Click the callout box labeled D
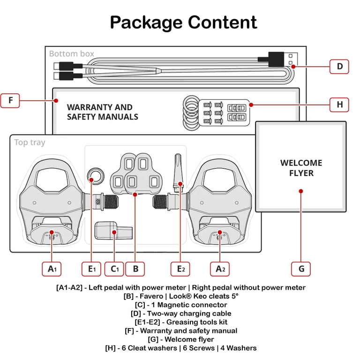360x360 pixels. coord(339,67)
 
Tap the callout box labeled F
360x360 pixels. coord(10,101)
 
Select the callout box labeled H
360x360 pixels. coord(339,105)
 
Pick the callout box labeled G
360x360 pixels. coord(301,269)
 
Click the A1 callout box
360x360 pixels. coord(52,269)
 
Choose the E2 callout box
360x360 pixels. coord(180,269)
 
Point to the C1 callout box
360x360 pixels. coord(114,269)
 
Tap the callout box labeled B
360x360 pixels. coord(135,269)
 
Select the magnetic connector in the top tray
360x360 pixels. coord(113,230)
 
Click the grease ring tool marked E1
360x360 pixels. coord(96,176)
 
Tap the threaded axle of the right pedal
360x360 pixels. coord(160,202)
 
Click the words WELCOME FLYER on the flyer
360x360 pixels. coord(301,168)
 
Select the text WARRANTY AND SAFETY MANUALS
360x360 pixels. coord(102,112)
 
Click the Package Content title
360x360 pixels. coord(183,22)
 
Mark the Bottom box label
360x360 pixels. coord(71,54)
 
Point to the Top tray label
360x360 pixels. coord(30,142)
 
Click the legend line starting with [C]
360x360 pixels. coord(181,305)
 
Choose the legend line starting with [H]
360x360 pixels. coord(181,348)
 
